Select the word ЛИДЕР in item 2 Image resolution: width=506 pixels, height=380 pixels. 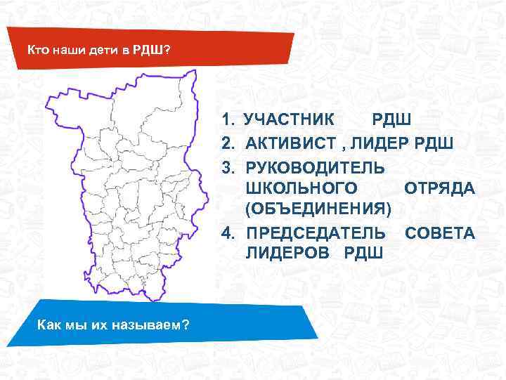tap(389, 144)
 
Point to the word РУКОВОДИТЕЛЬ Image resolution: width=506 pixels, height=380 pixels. tap(315, 166)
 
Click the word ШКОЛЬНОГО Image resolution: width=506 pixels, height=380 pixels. tap(305, 188)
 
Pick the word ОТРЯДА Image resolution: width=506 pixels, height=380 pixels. tap(440, 188)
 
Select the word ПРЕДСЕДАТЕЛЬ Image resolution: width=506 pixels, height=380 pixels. tap(316, 232)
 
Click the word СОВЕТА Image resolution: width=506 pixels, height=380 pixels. tap(440, 232)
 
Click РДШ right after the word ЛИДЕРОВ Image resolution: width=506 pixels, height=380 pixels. tap(363, 254)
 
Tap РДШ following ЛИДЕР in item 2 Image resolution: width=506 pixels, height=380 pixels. tap(437, 144)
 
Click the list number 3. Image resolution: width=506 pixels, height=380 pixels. tap(227, 166)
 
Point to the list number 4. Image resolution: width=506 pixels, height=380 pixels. tap(227, 232)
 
